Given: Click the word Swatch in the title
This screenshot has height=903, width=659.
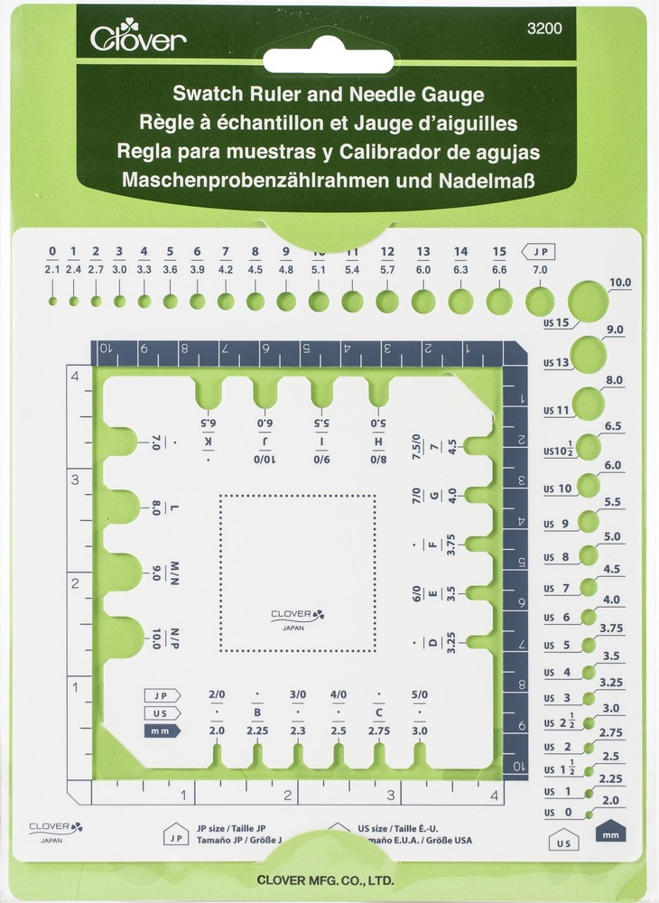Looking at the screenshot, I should (x=212, y=95).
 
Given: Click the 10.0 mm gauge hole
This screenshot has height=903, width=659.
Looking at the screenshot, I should (x=588, y=301).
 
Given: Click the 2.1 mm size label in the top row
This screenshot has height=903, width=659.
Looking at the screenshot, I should (x=52, y=269).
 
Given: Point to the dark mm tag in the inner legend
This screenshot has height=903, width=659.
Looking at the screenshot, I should (x=162, y=731).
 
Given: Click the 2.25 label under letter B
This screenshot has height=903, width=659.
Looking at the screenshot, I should (x=257, y=731).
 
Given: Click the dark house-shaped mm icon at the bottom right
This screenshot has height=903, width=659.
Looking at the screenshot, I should (x=611, y=829).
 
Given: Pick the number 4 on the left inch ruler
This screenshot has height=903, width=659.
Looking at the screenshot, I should (x=76, y=377).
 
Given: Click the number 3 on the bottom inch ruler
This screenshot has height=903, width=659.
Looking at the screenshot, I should (x=391, y=796).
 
